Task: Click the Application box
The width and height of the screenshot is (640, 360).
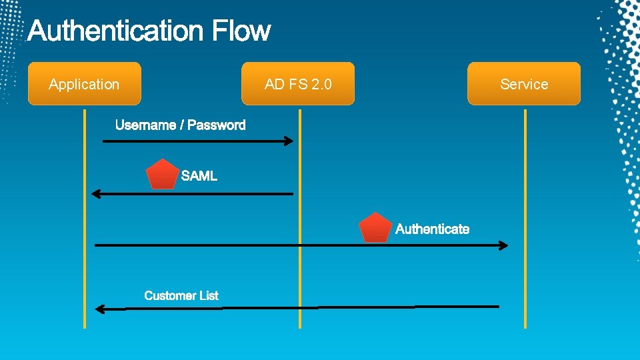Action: (84, 84)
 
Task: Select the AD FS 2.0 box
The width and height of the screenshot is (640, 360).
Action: (298, 84)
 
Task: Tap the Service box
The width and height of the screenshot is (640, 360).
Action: (524, 84)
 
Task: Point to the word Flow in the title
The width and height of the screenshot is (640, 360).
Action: (242, 31)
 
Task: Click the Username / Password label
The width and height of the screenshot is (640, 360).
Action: (180, 125)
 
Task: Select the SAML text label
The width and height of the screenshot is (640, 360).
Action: (199, 176)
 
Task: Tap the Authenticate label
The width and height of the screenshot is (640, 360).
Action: (432, 229)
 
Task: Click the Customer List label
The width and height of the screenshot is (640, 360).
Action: (181, 295)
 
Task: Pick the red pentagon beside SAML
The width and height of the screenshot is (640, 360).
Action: (163, 175)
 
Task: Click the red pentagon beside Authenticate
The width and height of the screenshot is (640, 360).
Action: (375, 228)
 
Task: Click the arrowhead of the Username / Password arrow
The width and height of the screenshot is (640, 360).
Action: (288, 141)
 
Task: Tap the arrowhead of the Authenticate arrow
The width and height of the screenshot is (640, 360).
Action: (503, 245)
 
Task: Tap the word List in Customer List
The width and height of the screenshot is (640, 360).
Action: (208, 295)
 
